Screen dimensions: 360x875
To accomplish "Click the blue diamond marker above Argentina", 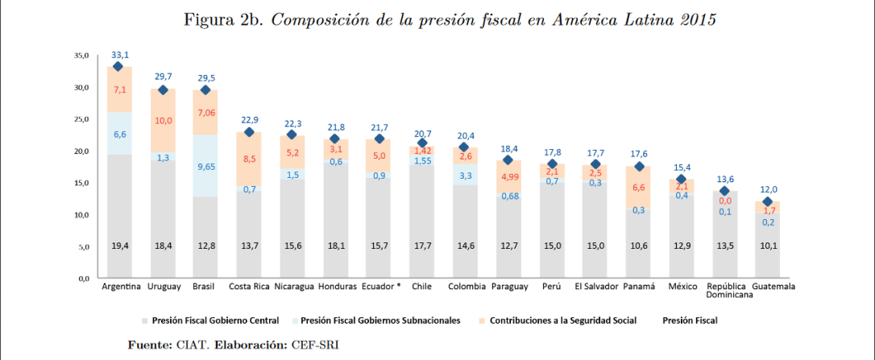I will coord(118,67).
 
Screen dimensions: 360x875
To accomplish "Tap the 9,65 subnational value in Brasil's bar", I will coord(206,168).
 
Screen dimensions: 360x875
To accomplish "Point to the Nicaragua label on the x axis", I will coord(292,287).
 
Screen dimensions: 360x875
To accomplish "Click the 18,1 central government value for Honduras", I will coord(336,246).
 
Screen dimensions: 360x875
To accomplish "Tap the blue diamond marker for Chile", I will coord(423,143).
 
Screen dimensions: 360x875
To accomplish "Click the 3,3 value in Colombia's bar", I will coord(467,175).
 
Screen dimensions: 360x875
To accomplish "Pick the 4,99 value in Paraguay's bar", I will coord(510,177).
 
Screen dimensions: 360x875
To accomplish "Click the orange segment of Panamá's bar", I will coord(640,187).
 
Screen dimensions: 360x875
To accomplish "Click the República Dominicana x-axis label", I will coord(727,291).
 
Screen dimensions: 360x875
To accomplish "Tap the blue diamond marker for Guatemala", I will coord(769,202).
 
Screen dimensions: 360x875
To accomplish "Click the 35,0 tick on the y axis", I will coord(81,56).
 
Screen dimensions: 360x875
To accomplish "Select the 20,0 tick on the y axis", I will coord(81,151).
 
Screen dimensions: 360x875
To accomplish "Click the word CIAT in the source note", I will coord(192,345).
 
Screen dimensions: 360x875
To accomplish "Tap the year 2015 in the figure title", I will coord(694,20).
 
